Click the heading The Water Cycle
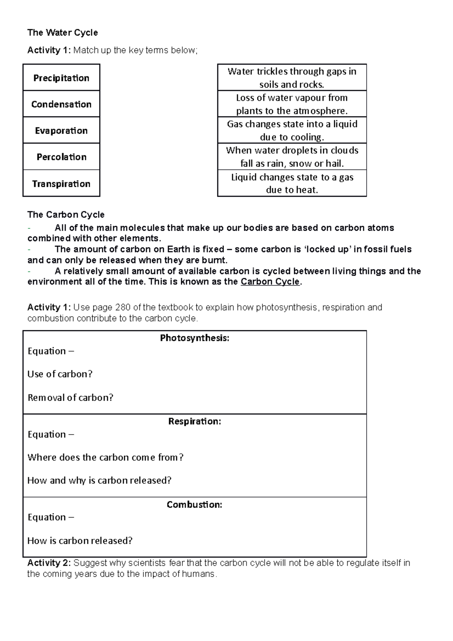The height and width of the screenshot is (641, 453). point(62,33)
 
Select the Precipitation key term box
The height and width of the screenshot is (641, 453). point(61,78)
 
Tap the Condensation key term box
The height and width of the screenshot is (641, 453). point(61,104)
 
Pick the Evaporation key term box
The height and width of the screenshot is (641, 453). point(61,131)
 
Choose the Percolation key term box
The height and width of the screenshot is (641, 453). point(61,157)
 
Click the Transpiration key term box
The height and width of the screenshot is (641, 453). point(61,183)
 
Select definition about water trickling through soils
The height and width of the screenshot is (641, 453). point(292,78)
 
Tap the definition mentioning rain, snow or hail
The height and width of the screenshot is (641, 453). point(292,157)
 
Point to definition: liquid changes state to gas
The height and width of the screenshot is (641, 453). point(292,183)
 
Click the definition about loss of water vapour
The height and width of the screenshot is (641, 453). point(292,104)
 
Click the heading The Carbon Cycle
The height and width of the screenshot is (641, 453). point(66,215)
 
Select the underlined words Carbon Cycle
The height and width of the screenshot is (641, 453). point(270,282)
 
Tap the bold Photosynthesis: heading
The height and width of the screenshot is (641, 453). point(194,338)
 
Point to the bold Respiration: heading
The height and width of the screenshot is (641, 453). point(194,421)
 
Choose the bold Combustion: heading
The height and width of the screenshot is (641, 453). point(194,505)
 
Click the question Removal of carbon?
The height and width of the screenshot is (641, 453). point(70,398)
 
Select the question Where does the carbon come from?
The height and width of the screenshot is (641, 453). point(105,458)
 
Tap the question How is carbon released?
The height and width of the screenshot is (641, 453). point(80,541)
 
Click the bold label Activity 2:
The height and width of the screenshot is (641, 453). point(49,563)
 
